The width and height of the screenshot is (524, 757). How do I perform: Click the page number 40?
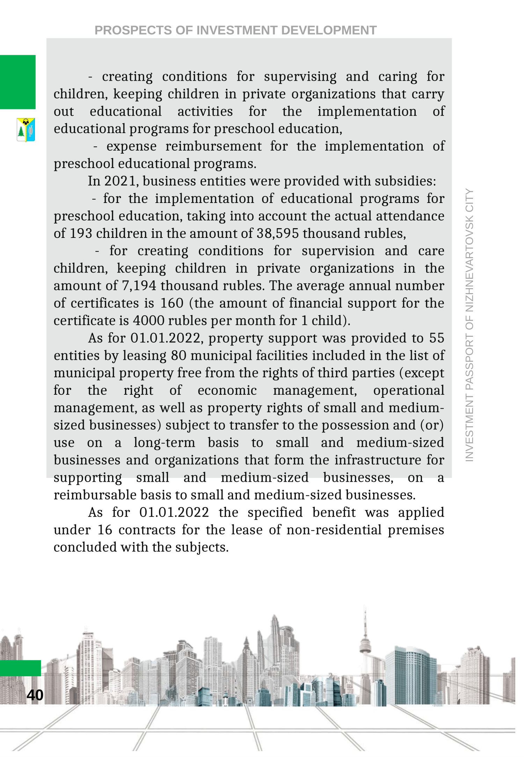coord(35,695)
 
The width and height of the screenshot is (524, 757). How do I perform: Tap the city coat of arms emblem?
coord(26,130)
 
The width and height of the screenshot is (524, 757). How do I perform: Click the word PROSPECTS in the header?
coord(133,30)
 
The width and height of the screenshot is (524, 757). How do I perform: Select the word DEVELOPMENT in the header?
coord(329,30)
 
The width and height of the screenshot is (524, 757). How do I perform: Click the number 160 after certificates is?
coord(172,303)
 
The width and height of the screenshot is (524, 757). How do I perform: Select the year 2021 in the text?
coord(120,181)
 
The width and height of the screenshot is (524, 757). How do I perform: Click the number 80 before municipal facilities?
coord(179,356)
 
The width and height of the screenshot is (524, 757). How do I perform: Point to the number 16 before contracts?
coord(105,530)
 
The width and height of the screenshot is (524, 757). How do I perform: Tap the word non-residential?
coord(334,530)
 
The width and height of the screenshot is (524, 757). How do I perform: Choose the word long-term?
coord(164,443)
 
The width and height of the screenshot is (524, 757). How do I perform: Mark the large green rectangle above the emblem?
coord(17,82)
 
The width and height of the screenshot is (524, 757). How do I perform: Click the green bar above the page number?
coord(20,668)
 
